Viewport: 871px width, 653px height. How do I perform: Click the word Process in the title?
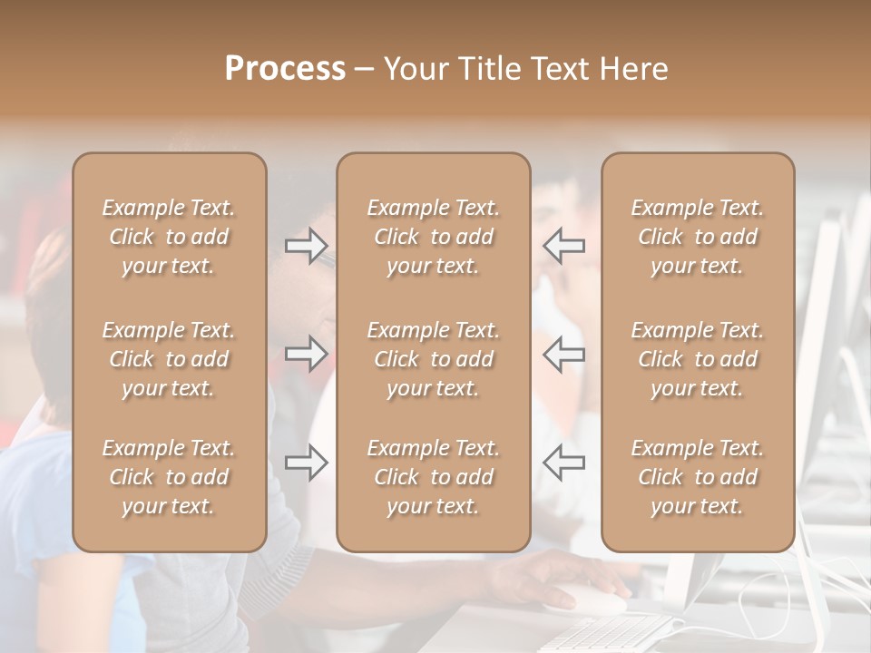(285, 69)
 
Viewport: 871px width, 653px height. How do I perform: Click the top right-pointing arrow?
(307, 245)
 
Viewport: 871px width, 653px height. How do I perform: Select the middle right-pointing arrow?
(307, 354)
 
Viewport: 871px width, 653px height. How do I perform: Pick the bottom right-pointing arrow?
(307, 463)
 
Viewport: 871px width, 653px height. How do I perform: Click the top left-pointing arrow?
(563, 245)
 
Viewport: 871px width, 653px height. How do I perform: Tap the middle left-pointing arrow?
(563, 354)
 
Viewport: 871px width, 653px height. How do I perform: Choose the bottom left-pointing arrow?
(563, 463)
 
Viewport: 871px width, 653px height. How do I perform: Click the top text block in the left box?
(169, 237)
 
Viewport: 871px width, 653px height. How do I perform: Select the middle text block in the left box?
(169, 359)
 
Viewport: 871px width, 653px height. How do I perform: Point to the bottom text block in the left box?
(169, 477)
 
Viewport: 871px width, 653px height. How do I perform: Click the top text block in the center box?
(433, 237)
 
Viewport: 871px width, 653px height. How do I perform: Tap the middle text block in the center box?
(433, 359)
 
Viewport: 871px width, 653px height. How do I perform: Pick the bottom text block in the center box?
(433, 477)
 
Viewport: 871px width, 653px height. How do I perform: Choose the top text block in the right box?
(698, 237)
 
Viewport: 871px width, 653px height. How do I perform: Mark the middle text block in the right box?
(698, 359)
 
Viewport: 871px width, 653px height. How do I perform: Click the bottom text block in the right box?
(698, 477)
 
